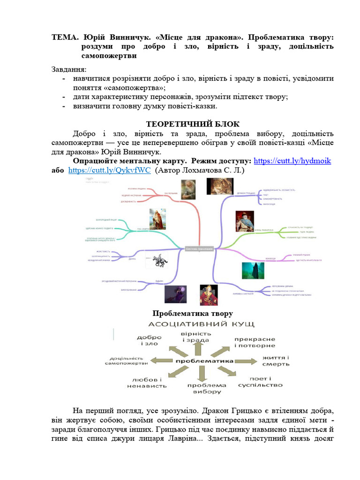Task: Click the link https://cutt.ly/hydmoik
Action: pos(292,161)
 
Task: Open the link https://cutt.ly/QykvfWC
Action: pos(109,171)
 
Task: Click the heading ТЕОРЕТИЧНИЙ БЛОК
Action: pos(193,124)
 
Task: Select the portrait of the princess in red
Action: pos(209,295)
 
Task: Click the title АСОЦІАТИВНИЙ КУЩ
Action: pos(202,324)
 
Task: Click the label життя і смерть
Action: pos(276,361)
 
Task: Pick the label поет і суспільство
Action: pos(260,382)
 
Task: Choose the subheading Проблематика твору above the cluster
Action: pos(193,313)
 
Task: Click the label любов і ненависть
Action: pos(147,382)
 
